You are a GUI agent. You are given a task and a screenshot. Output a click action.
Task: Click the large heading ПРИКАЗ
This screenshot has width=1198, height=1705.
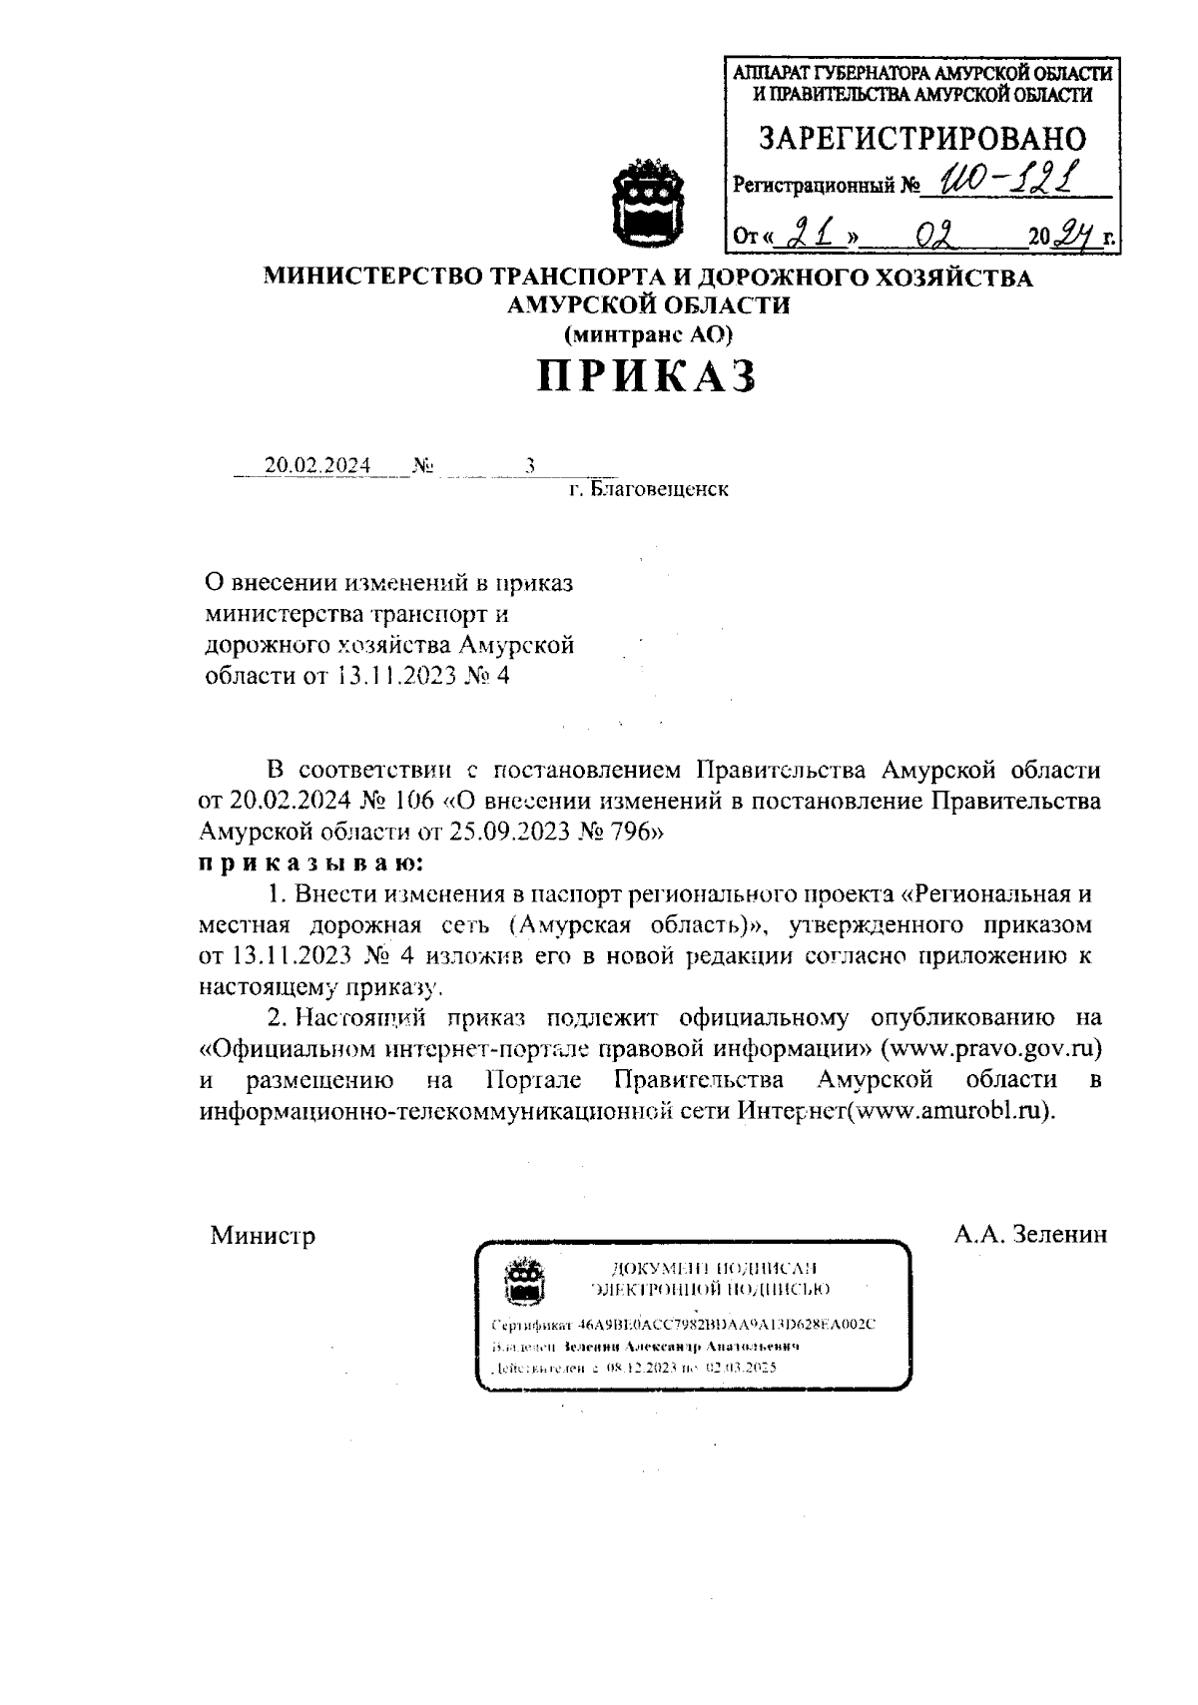(x=647, y=375)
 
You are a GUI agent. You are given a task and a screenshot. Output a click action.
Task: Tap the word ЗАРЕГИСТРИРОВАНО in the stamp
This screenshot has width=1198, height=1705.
(x=921, y=137)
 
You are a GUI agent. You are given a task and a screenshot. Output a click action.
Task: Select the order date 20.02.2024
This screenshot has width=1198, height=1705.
(x=317, y=466)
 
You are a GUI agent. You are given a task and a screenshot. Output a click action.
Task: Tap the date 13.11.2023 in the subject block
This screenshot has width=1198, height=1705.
(x=394, y=676)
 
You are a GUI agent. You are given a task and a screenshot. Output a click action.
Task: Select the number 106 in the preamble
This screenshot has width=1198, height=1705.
(x=409, y=801)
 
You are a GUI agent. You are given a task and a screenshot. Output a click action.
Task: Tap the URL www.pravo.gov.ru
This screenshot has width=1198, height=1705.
(x=990, y=1048)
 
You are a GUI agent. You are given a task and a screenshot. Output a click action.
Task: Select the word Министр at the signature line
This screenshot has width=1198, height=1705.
(x=263, y=1236)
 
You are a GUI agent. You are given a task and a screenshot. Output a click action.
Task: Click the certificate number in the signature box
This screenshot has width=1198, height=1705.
(x=727, y=1325)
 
